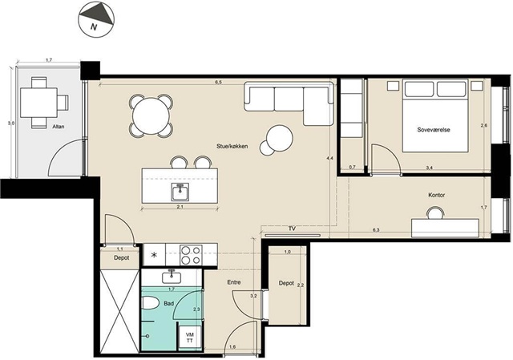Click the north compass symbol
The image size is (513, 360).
(x=96, y=19)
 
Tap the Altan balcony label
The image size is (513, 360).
(x=59, y=127)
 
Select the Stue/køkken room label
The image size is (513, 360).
(x=232, y=146)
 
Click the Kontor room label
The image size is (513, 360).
(x=436, y=195)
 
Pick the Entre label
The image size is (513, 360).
(x=234, y=282)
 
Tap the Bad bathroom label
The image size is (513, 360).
(x=168, y=304)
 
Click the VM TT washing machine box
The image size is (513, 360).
(x=189, y=338)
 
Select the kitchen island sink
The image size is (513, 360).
(x=180, y=192)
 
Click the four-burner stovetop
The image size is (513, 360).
(x=191, y=255)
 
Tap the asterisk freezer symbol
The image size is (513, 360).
(x=155, y=255)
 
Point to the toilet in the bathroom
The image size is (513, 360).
(x=151, y=303)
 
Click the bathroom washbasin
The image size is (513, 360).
(x=171, y=277)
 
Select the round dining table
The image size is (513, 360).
(x=151, y=115)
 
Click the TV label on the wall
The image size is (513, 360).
(x=292, y=229)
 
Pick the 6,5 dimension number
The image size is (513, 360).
(x=218, y=83)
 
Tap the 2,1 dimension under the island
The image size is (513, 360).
(x=180, y=207)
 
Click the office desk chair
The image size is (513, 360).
(x=435, y=213)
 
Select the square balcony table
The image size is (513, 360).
(x=38, y=103)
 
